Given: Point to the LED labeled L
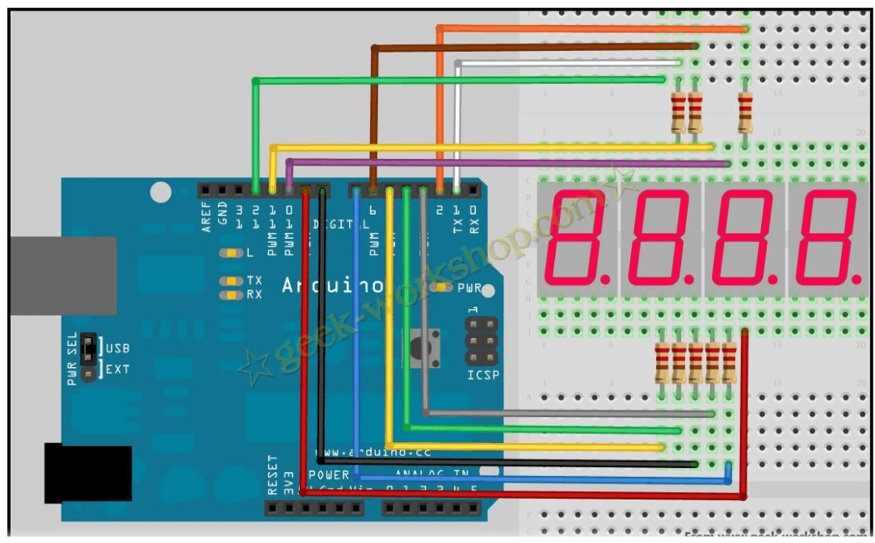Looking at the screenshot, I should (x=231, y=253).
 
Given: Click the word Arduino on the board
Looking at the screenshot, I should (x=332, y=285).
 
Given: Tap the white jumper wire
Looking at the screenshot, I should (x=566, y=62).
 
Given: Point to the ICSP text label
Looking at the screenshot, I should (x=483, y=375).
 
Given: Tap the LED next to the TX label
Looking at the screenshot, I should (x=232, y=281).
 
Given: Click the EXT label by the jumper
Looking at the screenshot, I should (x=117, y=370).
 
